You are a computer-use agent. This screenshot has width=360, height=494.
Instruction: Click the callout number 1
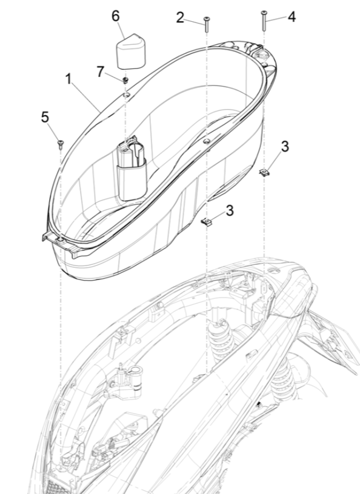pyautogui.click(x=68, y=79)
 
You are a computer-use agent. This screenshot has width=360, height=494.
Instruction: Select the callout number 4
pyautogui.click(x=292, y=17)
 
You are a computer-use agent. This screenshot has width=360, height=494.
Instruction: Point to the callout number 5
pyautogui.click(x=45, y=116)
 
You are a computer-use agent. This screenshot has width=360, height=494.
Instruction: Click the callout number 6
pyautogui.click(x=116, y=16)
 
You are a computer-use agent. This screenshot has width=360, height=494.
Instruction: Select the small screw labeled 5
pyautogui.click(x=61, y=144)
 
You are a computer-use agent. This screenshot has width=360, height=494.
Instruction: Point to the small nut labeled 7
pyautogui.click(x=124, y=79)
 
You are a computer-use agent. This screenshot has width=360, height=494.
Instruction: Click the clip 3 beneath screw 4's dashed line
pyautogui.click(x=264, y=172)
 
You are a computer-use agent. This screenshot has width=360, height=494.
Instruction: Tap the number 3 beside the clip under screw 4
pyautogui.click(x=285, y=146)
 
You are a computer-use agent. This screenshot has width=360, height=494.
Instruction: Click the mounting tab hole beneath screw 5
pyautogui.click(x=60, y=241)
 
